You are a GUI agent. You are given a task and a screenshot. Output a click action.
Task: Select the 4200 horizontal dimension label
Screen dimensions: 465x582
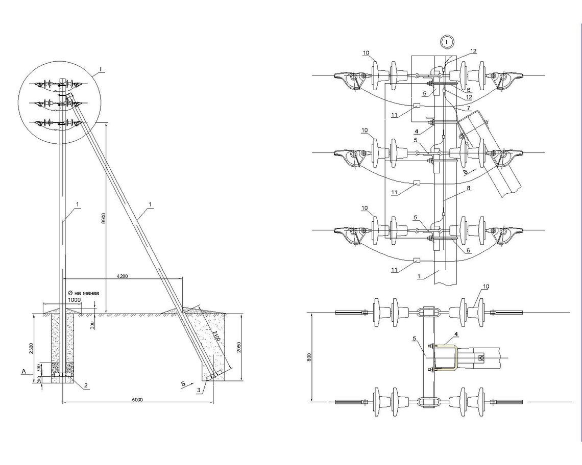coord(121,276)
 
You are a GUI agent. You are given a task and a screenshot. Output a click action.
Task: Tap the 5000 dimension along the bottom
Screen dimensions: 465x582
coord(137,399)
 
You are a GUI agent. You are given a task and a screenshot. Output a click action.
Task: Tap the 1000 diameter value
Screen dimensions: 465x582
coord(75,300)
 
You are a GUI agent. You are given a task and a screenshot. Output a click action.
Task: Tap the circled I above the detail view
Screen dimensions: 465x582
coord(447,41)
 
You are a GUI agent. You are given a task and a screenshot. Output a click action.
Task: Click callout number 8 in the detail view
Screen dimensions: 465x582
coord(469,188)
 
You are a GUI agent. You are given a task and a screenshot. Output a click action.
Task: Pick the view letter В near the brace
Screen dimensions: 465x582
coord(465,172)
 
